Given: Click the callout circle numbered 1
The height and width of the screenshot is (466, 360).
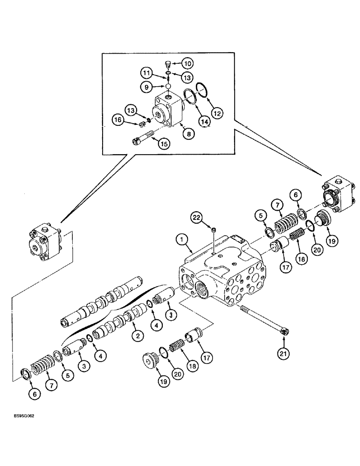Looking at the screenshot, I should click(x=182, y=240).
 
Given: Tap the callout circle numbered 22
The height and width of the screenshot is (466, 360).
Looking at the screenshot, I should click(x=197, y=218).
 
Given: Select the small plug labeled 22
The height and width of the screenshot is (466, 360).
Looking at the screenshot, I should click(x=212, y=229).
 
